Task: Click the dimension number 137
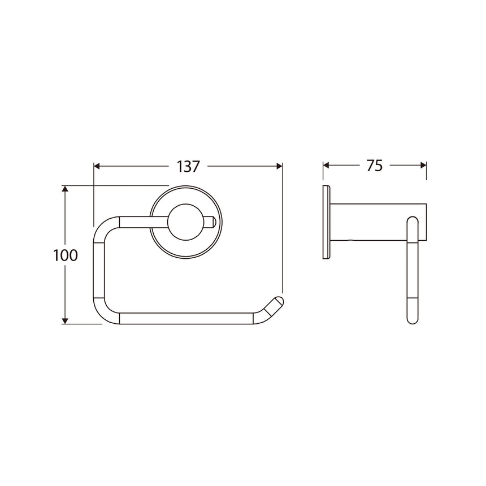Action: [x=188, y=166]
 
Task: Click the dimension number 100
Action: [x=66, y=255]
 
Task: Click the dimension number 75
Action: [x=374, y=166]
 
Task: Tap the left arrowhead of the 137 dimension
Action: [x=97, y=166]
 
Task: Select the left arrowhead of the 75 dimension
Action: [x=326, y=166]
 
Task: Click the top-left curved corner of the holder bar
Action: [x=103, y=225]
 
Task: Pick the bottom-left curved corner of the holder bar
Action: [x=102, y=314]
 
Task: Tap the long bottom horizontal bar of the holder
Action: [x=186, y=318]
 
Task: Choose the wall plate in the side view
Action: [x=326, y=222]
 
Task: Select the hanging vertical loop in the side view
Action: [x=412, y=271]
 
